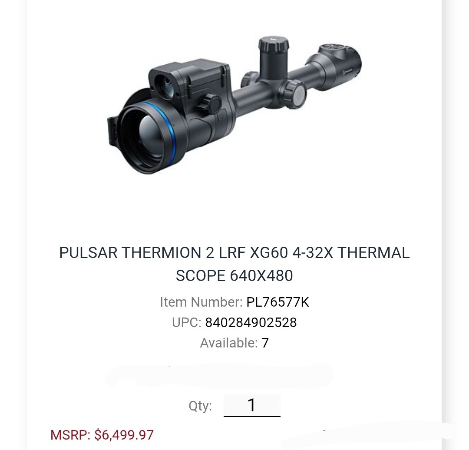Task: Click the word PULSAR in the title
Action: (x=88, y=252)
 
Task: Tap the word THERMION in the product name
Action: (x=161, y=252)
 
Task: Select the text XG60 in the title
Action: (x=269, y=252)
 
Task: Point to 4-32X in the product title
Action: (x=313, y=252)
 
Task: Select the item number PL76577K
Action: (x=277, y=302)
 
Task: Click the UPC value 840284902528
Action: (x=251, y=323)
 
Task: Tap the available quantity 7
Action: (x=265, y=343)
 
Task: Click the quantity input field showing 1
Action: (x=252, y=405)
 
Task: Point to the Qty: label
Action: (x=200, y=406)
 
